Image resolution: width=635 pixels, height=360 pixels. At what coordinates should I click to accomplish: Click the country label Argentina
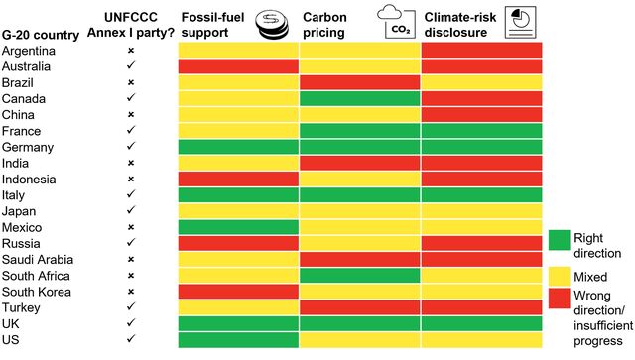click(30, 50)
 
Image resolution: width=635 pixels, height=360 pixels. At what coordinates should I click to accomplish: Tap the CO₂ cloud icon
click(394, 19)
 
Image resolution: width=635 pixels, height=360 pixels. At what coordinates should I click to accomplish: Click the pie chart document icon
click(518, 20)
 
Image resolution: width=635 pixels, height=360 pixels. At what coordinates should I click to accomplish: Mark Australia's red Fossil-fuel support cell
click(238, 66)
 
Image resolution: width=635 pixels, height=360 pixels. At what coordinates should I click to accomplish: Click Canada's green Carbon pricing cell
click(359, 99)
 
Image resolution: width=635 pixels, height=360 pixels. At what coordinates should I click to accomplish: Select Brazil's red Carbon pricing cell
click(359, 82)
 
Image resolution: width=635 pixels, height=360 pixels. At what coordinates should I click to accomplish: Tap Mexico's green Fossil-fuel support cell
click(238, 227)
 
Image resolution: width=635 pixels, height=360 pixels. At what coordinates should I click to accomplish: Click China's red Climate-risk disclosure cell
click(481, 115)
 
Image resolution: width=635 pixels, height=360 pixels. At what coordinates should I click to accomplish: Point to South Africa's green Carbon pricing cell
click(359, 275)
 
